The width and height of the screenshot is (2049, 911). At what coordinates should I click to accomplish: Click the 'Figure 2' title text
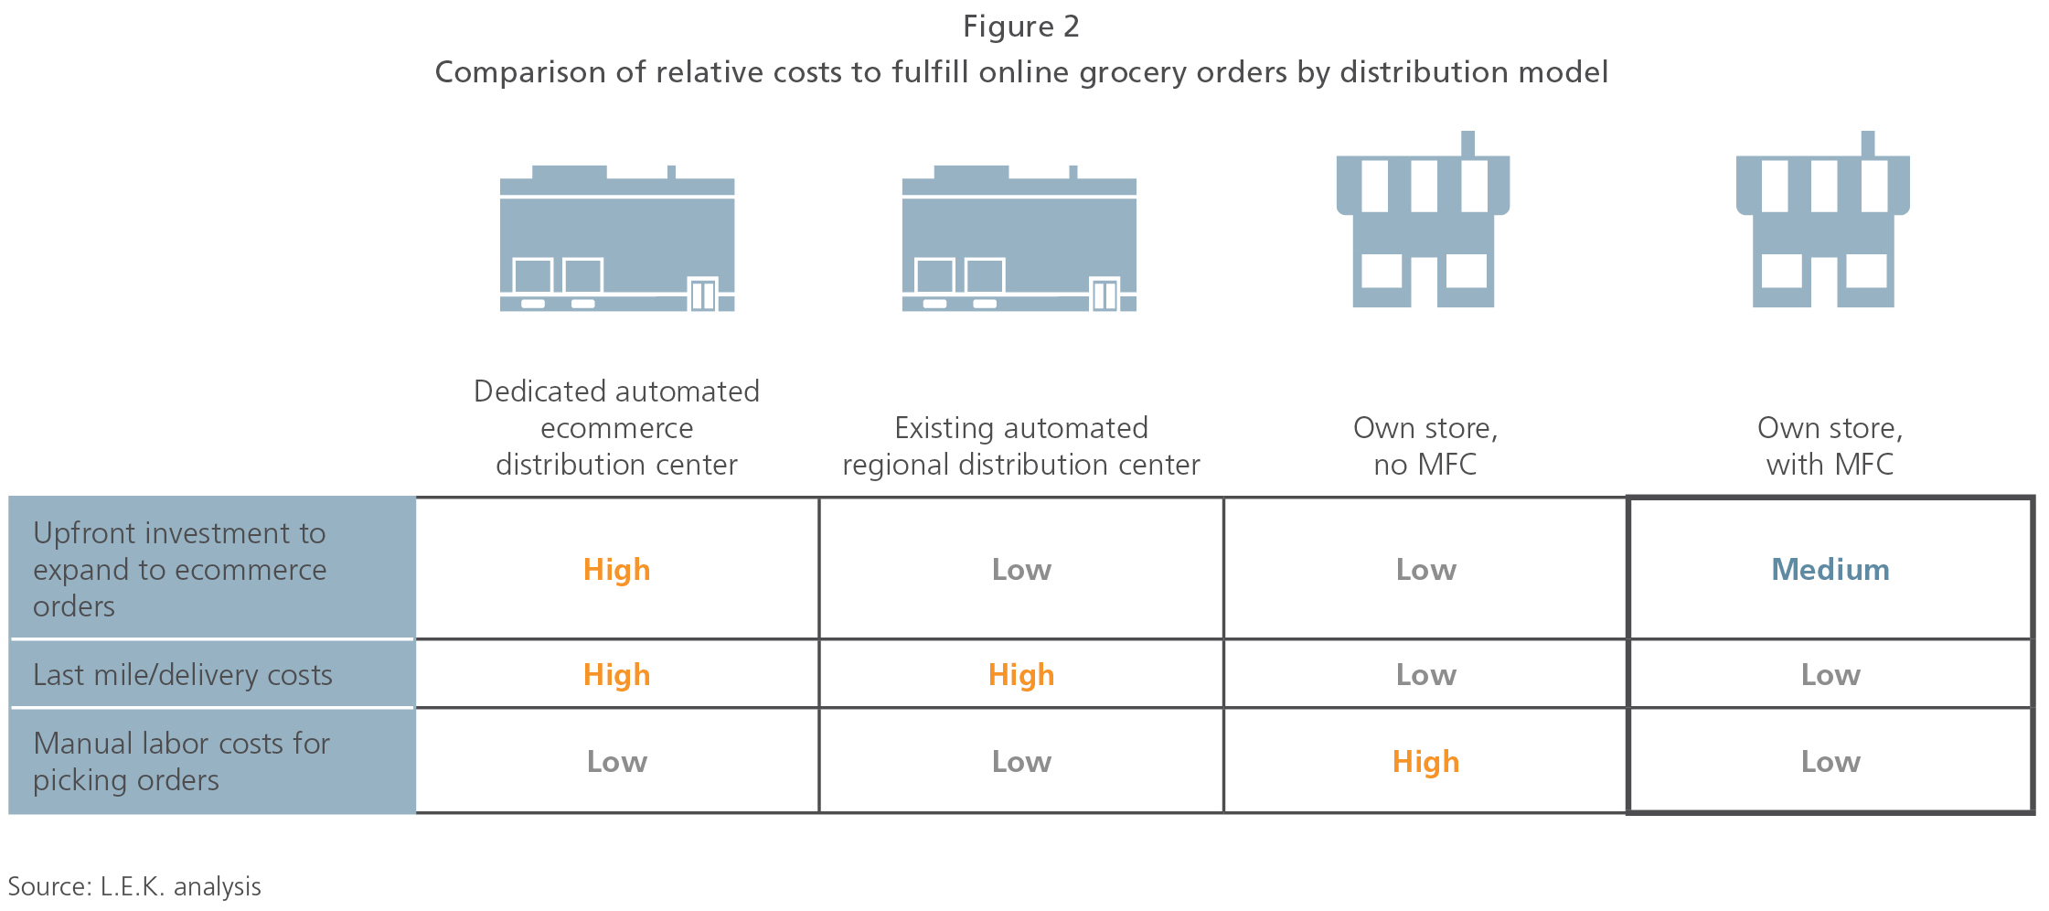[x=1021, y=27]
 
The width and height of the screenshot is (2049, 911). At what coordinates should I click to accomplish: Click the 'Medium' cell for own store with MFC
[x=1830, y=569]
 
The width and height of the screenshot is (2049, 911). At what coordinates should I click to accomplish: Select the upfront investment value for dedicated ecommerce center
[x=617, y=569]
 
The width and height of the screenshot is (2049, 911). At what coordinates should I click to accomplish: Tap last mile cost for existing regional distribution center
[x=1021, y=674]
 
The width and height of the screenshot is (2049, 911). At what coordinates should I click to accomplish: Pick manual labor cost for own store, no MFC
[x=1425, y=761]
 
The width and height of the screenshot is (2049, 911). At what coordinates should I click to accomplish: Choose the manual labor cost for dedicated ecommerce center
[x=617, y=761]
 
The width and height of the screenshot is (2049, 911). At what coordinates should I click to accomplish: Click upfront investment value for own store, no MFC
[x=1425, y=569]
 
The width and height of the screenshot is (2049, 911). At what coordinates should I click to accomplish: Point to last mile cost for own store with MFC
[x=1830, y=674]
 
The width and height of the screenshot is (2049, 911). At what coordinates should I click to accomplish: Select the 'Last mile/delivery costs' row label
[x=183, y=674]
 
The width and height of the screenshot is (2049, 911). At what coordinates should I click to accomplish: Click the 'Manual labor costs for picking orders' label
[x=181, y=761]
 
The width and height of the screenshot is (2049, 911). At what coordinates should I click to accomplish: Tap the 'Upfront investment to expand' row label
[x=179, y=569]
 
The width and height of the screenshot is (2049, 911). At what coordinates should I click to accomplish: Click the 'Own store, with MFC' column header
[x=1830, y=445]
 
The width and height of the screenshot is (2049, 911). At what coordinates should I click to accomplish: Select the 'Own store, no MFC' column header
[x=1425, y=445]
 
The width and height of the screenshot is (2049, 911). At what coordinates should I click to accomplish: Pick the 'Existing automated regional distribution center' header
[x=1021, y=445]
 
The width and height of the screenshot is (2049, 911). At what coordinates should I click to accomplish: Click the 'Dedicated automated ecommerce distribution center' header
[x=617, y=427]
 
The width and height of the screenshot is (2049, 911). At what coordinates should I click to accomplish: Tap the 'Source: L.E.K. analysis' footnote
[x=134, y=886]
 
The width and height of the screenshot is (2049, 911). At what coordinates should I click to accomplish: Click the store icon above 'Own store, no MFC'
[x=1423, y=219]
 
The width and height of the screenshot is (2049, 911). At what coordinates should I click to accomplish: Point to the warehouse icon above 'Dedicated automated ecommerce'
[x=617, y=239]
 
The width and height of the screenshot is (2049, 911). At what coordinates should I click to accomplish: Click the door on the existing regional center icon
[x=1105, y=295]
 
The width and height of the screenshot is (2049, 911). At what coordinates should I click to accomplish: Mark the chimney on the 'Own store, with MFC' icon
[x=1868, y=144]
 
